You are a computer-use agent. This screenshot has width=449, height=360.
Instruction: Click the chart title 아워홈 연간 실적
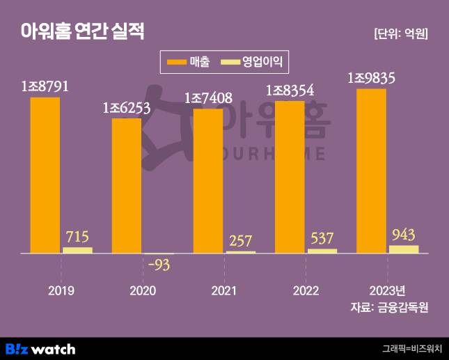pyautogui.click(x=82, y=31)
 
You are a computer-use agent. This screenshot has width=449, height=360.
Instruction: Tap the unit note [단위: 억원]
pyautogui.click(x=400, y=33)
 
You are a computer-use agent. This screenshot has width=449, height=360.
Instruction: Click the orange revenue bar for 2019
pyautogui.click(x=45, y=174)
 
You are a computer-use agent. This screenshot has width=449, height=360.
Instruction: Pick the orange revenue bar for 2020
pyautogui.click(x=127, y=185)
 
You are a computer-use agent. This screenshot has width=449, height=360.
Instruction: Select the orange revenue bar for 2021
pyautogui.click(x=208, y=180)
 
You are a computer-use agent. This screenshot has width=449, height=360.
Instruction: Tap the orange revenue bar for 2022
pyautogui.click(x=290, y=176)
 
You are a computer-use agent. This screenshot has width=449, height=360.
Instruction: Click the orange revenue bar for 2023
pyautogui.click(x=371, y=171)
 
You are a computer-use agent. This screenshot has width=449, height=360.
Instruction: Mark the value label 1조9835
pyautogui.click(x=371, y=79)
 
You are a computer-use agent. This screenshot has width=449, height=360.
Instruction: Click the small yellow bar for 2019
pyautogui.click(x=77, y=249)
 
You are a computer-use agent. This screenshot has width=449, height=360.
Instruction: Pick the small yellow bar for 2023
pyautogui.click(x=404, y=249)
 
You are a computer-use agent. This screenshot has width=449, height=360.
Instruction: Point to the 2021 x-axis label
pyautogui.click(x=223, y=290)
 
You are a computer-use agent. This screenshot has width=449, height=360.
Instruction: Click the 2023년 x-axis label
pyautogui.click(x=387, y=290)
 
